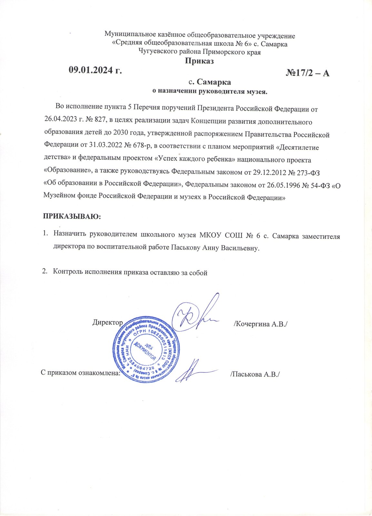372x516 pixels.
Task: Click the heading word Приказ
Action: pos(199,61)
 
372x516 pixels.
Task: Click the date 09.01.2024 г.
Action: pos(96,70)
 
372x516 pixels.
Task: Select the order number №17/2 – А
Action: pos(307,73)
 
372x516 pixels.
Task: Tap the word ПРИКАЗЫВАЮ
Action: pos(72,216)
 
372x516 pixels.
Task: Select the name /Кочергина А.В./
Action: pos(260,323)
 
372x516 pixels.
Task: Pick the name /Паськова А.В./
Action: pos(255,374)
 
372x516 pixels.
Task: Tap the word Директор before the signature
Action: pos(107,322)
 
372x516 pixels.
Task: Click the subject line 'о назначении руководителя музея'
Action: pos(210,91)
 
